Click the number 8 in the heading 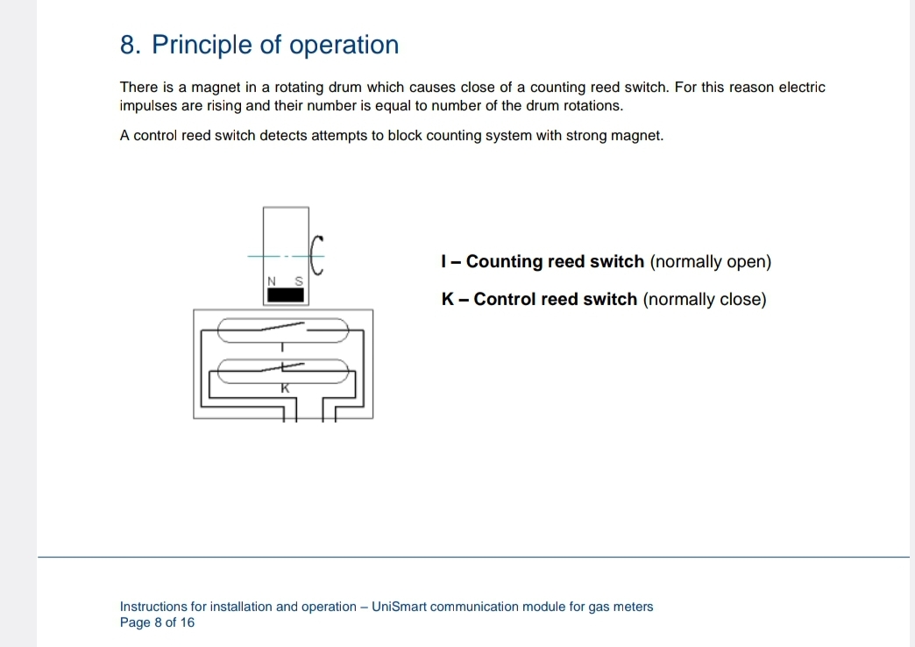(130, 45)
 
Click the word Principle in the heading (202, 46)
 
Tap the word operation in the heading (344, 45)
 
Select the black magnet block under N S (286, 295)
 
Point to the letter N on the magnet (272, 281)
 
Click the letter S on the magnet (299, 281)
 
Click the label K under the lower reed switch (285, 387)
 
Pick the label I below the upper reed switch (282, 347)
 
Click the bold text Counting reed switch (555, 261)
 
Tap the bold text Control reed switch (556, 299)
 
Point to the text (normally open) (711, 262)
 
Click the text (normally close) (705, 300)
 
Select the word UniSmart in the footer (399, 607)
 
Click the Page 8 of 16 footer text (157, 622)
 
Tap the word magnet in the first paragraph (216, 88)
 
